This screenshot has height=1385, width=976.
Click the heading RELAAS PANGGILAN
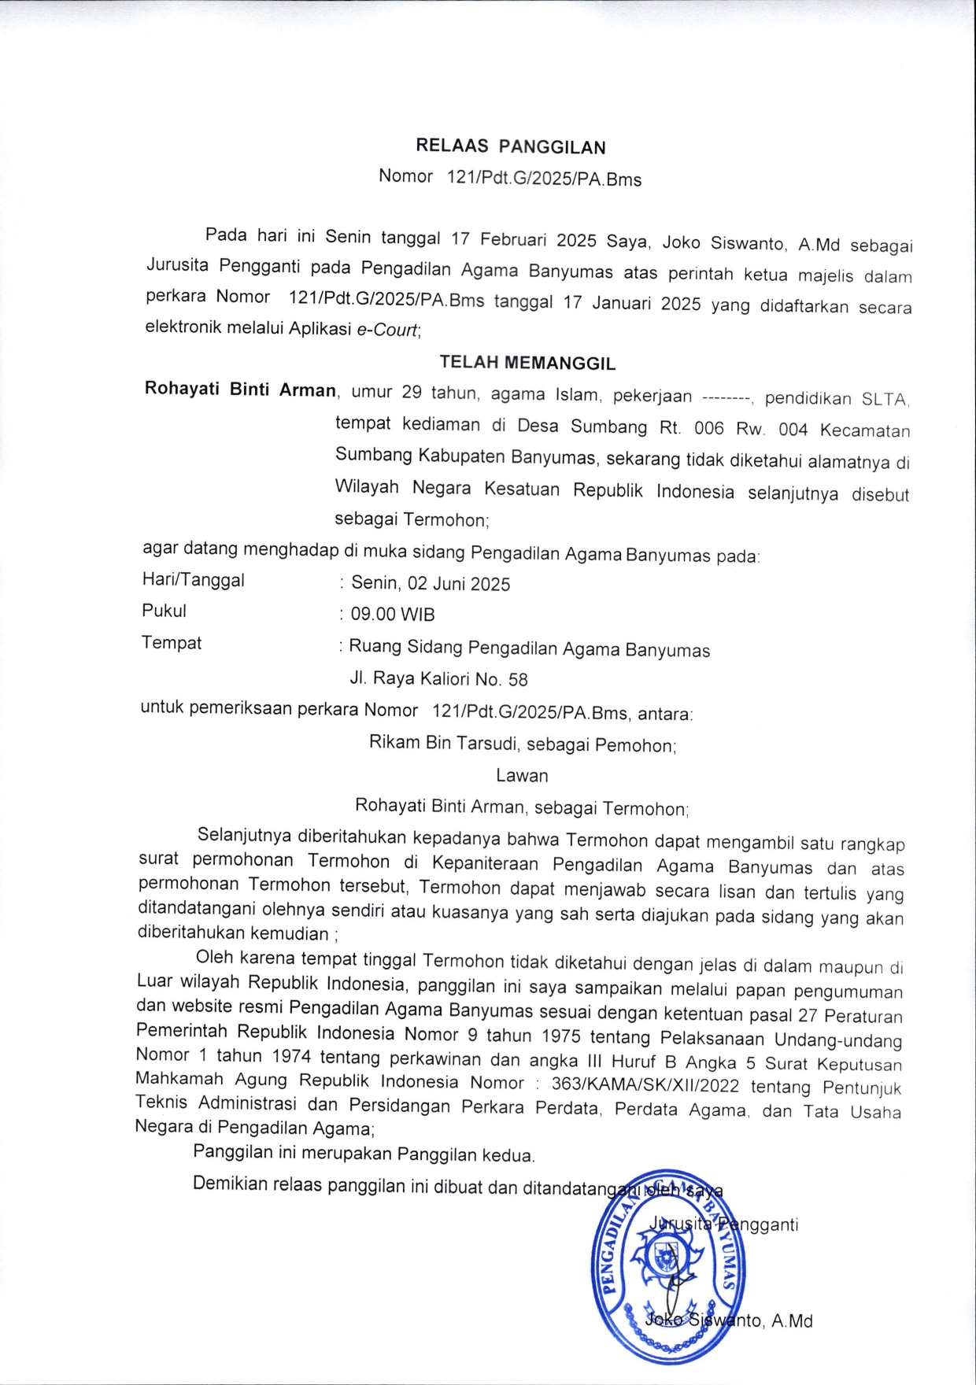click(x=510, y=146)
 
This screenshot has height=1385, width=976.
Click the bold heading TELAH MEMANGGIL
click(x=527, y=363)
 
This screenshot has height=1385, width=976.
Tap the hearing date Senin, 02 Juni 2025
click(x=431, y=583)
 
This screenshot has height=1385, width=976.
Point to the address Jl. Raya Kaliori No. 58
click(x=438, y=678)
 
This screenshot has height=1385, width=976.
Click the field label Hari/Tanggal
click(x=193, y=580)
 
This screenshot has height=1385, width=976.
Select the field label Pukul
click(x=164, y=611)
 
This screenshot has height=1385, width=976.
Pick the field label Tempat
click(x=171, y=643)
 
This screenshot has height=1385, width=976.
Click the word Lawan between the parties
click(x=522, y=775)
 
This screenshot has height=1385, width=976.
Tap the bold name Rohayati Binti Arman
click(x=240, y=390)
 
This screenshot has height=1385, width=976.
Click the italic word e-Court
click(x=387, y=330)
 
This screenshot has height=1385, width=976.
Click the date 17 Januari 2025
click(x=631, y=303)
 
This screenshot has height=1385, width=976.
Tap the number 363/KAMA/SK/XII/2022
click(x=645, y=1085)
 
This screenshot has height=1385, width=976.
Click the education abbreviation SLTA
click(x=884, y=399)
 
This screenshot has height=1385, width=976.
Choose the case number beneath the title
click(x=544, y=179)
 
